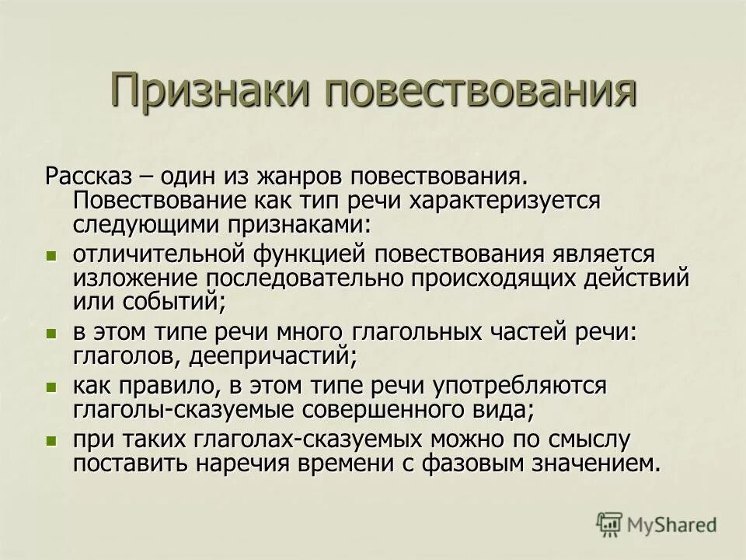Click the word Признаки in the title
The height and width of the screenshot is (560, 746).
pyautogui.click(x=211, y=91)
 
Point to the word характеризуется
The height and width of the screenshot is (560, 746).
pyautogui.click(x=516, y=201)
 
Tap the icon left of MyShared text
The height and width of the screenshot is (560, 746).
pyautogui.click(x=608, y=523)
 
